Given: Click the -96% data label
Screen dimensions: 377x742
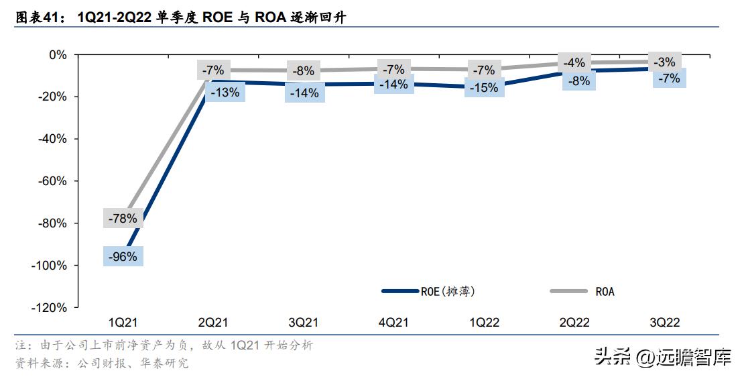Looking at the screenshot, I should (123, 256).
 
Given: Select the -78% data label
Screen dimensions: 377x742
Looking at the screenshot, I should (123, 218).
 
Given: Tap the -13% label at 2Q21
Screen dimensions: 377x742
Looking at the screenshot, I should (225, 93).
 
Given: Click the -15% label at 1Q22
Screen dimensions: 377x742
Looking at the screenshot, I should (484, 87).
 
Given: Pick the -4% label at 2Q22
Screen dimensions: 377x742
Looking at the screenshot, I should (574, 63).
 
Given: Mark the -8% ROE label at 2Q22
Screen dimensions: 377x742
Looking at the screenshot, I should (579, 80).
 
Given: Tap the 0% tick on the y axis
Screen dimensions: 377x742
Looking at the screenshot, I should (58, 54).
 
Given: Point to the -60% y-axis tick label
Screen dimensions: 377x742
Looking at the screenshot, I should (53, 181).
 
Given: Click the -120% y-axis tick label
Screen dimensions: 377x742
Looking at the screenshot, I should (50, 307).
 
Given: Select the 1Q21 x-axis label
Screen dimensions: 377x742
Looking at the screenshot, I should (123, 323).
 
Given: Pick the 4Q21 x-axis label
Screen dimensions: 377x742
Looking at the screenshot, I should (393, 323).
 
